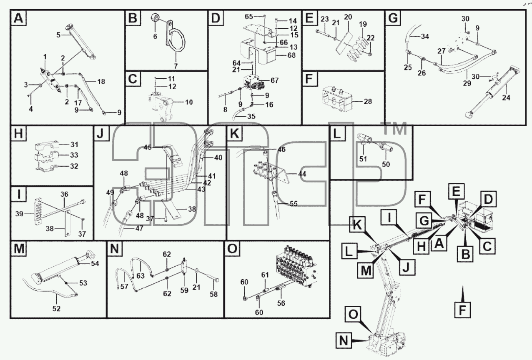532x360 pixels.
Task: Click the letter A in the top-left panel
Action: tap(18, 18)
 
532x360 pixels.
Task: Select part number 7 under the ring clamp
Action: tap(176, 66)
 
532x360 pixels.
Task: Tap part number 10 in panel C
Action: tap(189, 102)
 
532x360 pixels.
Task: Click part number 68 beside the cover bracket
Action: tap(291, 55)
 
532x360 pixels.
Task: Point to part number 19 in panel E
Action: tap(363, 24)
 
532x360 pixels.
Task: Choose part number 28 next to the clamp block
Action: tap(368, 102)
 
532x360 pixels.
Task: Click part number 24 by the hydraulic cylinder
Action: tap(506, 97)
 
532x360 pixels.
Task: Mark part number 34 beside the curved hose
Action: tap(425, 37)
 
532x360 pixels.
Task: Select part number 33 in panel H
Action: tap(74, 155)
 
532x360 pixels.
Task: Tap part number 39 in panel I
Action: tap(19, 214)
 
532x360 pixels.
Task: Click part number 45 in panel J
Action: tap(148, 147)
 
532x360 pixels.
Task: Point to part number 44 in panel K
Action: tap(302, 174)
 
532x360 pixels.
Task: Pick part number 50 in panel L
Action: tap(386, 164)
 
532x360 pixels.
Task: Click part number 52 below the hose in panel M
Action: tap(56, 309)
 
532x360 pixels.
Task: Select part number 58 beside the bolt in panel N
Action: tap(213, 295)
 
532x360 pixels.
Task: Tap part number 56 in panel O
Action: tap(281, 303)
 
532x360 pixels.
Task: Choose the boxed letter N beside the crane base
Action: tap(344, 341)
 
